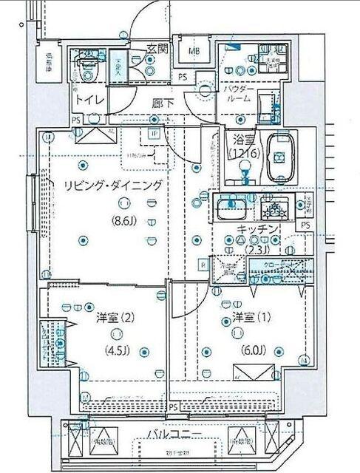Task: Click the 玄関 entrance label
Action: (157, 50)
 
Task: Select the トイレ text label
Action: (86, 100)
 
